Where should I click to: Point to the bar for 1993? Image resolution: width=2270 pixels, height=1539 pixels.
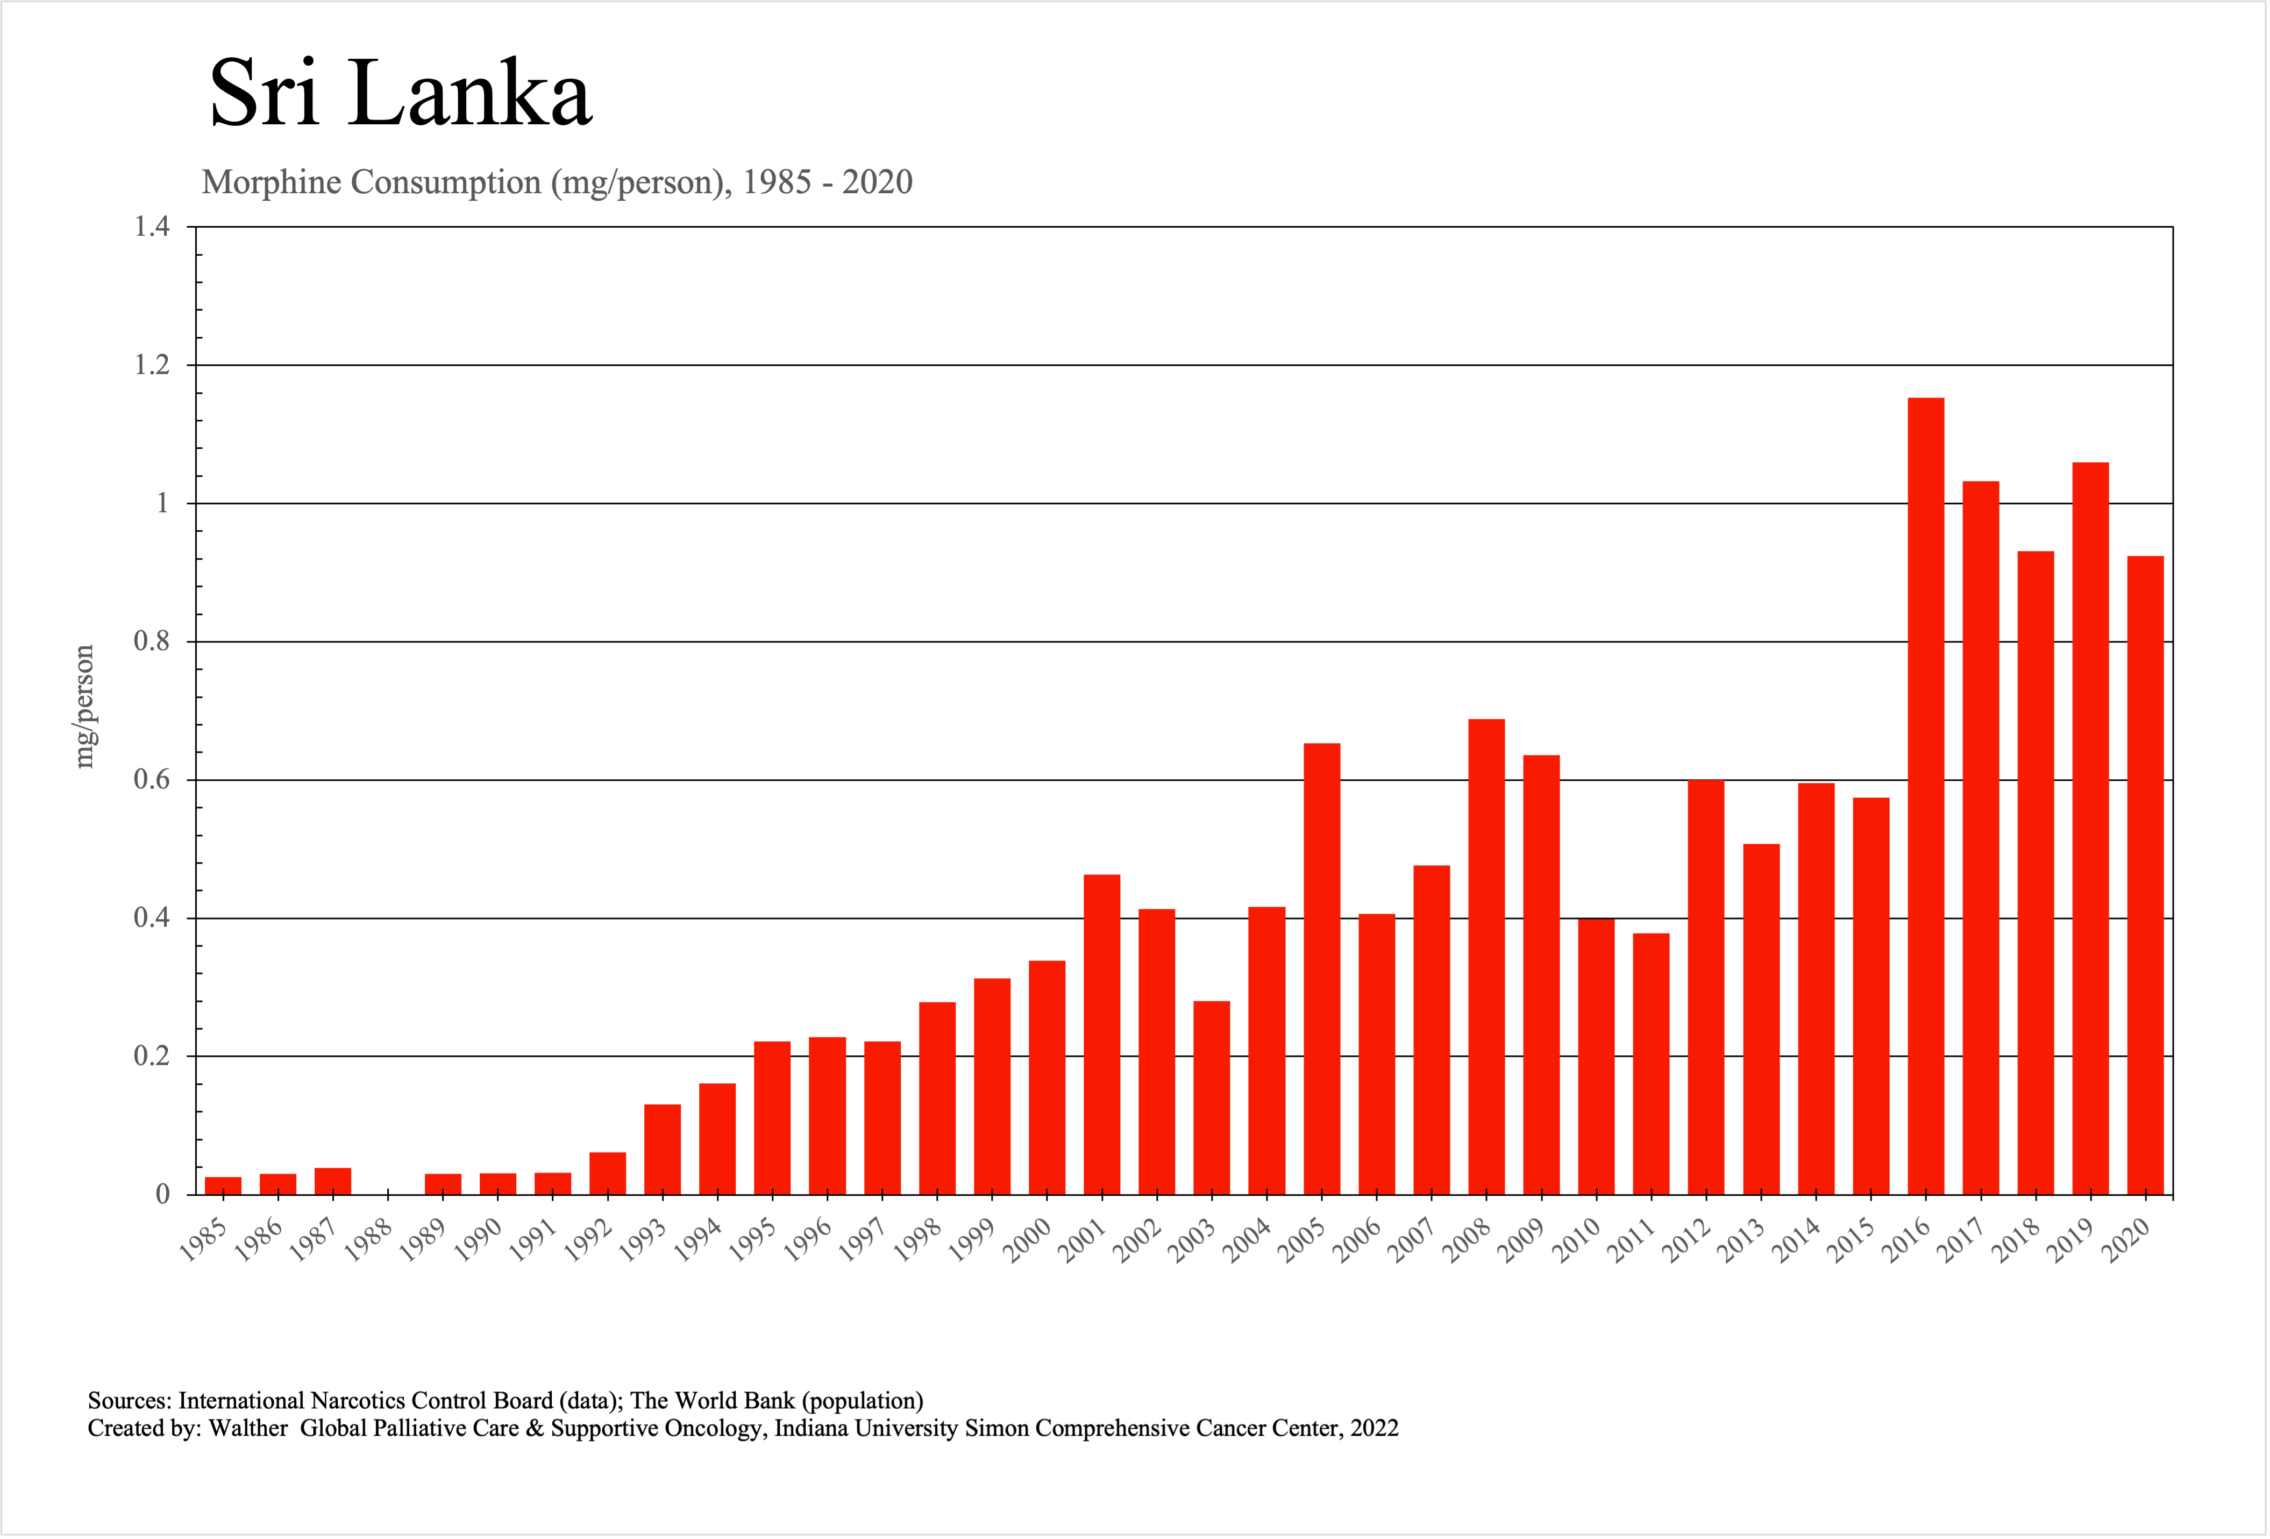click(662, 1148)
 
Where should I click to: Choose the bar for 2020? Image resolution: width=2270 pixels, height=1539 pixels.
click(2145, 874)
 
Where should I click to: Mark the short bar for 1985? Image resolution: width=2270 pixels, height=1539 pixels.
click(223, 1185)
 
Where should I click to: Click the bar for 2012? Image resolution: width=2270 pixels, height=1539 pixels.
click(1706, 987)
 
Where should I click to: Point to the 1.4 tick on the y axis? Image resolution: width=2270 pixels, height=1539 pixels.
click(152, 227)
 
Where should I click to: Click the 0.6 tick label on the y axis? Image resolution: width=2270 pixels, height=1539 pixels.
click(152, 780)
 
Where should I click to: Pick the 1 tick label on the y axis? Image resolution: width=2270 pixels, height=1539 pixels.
click(162, 503)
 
